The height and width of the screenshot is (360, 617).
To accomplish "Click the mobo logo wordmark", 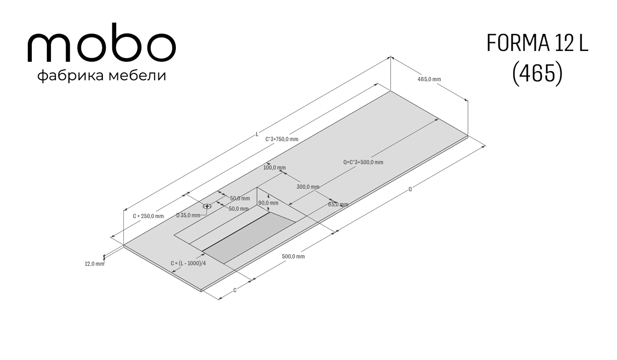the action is (102, 42).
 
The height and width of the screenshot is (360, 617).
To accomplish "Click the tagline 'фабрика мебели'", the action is (102, 76).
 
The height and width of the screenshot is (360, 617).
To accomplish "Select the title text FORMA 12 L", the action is (537, 43).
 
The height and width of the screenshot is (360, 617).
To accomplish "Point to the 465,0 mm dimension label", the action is (429, 79).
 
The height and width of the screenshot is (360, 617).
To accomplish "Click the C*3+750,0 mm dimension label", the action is (282, 139).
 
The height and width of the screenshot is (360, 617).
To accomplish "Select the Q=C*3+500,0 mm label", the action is (363, 162).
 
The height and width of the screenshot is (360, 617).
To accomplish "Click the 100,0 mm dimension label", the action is (275, 168).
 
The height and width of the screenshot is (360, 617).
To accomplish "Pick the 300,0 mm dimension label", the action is (308, 187).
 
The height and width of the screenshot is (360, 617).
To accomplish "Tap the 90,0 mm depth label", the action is (268, 203).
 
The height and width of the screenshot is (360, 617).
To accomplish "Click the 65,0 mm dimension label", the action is (338, 204).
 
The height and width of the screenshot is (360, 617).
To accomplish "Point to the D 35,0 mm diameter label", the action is (188, 215).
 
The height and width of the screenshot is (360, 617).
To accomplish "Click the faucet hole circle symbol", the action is (207, 206).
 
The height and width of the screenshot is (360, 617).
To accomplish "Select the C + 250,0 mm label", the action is (148, 216).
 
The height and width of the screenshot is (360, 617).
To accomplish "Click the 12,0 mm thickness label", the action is (95, 264).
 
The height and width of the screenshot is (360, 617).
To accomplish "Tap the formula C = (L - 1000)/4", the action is (188, 263).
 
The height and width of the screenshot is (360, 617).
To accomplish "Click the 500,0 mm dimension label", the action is (294, 257).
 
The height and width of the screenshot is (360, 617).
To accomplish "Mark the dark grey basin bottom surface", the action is (249, 238).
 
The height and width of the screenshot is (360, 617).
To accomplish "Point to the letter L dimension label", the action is (257, 134).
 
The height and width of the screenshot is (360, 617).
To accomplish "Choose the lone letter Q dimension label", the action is (410, 189).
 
